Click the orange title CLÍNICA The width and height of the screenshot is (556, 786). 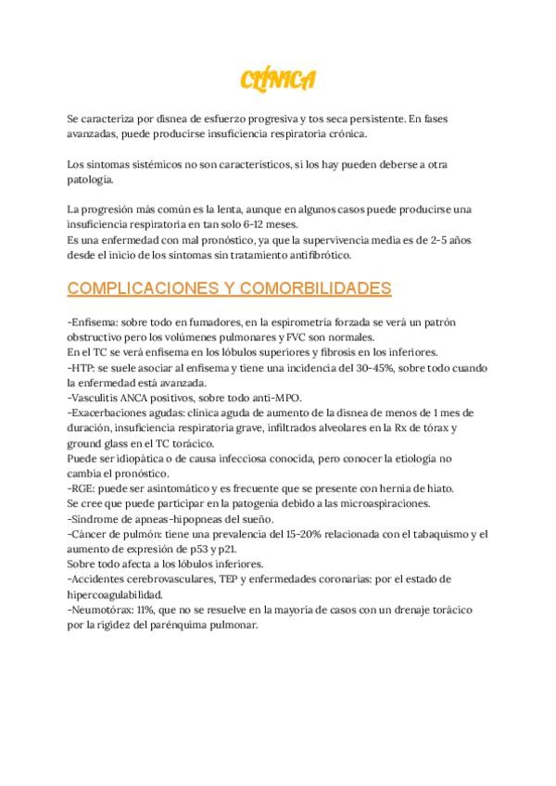pyautogui.click(x=277, y=81)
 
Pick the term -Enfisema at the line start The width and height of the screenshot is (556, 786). pyautogui.click(x=93, y=321)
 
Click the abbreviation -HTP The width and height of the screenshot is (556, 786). pyautogui.click(x=82, y=367)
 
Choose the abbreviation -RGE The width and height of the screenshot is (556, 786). pyautogui.click(x=82, y=488)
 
